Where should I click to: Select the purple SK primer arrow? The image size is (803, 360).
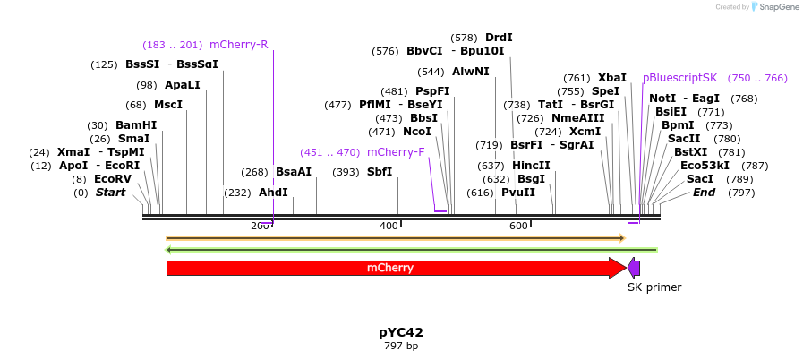tap(634, 268)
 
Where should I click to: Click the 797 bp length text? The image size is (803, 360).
tap(400, 346)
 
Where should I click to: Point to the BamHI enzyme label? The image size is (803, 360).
tap(135, 125)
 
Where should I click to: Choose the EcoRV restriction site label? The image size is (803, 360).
tap(113, 179)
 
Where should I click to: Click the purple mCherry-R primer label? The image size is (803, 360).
tap(238, 45)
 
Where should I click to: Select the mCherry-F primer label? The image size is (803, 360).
tap(396, 152)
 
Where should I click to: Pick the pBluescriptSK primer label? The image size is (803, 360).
tap(680, 78)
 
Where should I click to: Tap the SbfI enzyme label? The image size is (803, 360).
tap(380, 172)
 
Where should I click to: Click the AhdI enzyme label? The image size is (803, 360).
tap(273, 193)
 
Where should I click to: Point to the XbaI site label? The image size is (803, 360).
tap(612, 78)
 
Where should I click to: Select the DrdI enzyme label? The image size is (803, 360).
tap(499, 38)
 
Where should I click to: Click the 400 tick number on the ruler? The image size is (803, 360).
tap(389, 226)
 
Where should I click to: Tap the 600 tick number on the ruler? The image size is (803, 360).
tap(518, 226)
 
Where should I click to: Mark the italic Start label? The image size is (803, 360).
tap(110, 193)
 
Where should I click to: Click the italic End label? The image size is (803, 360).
tap(704, 193)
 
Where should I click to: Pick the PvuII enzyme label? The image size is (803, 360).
tap(518, 193)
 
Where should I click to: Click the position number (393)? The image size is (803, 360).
tap(346, 172)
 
